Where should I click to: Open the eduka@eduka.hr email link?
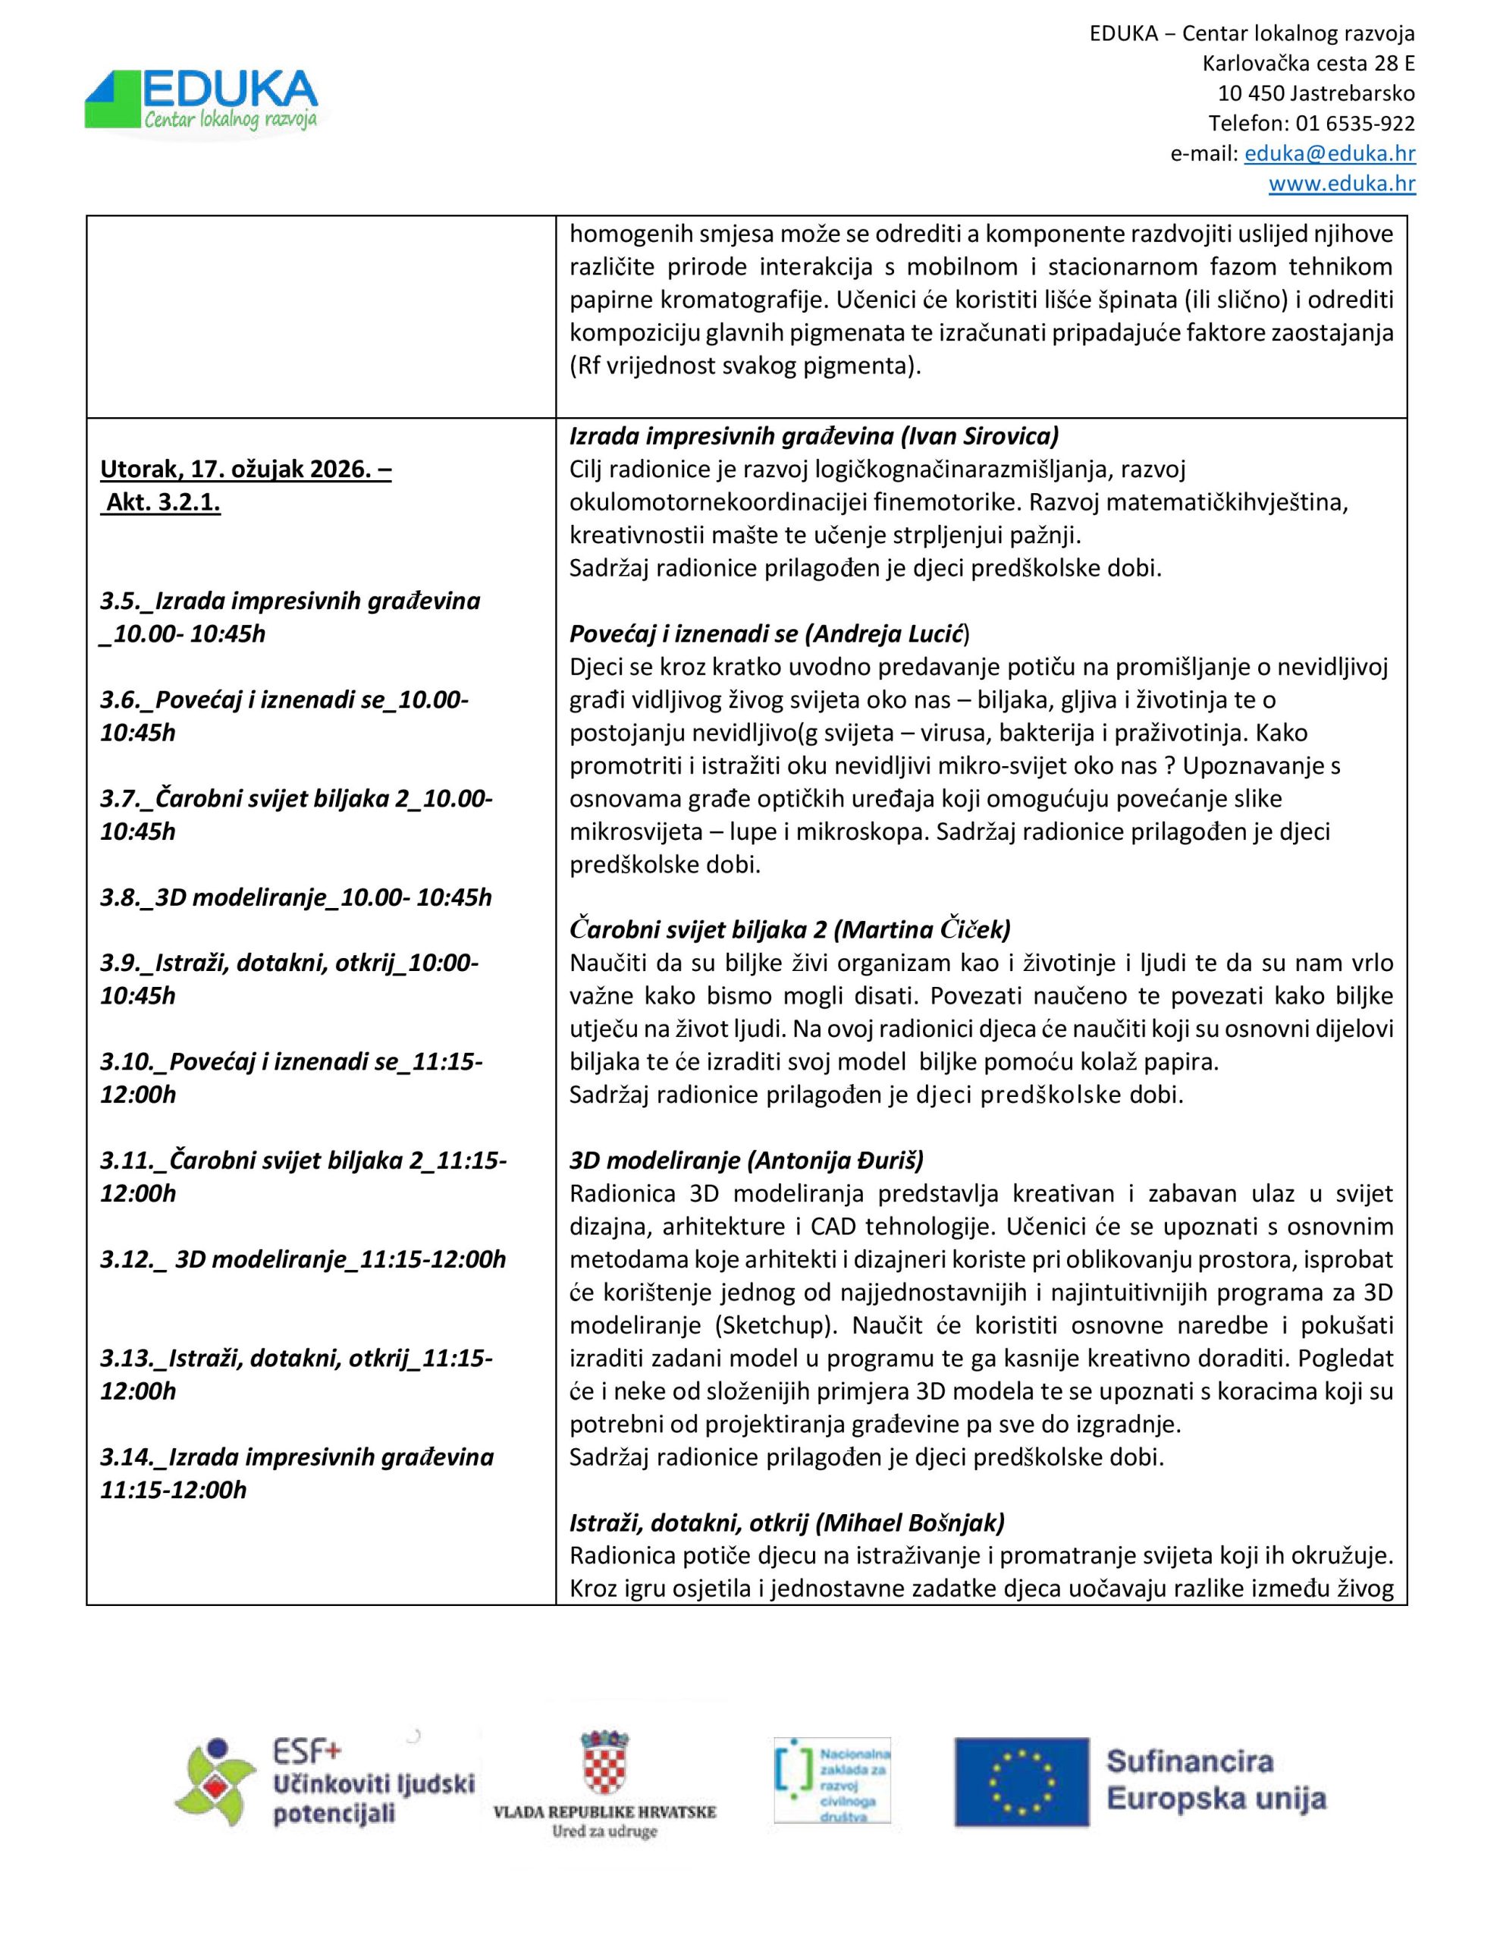point(1329,154)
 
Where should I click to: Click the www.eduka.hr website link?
point(1341,184)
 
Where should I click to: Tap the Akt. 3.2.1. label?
point(163,503)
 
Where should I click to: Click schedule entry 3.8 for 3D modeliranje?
point(295,897)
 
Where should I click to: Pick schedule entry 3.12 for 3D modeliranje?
point(303,1259)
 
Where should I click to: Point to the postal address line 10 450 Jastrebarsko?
point(1316,93)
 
